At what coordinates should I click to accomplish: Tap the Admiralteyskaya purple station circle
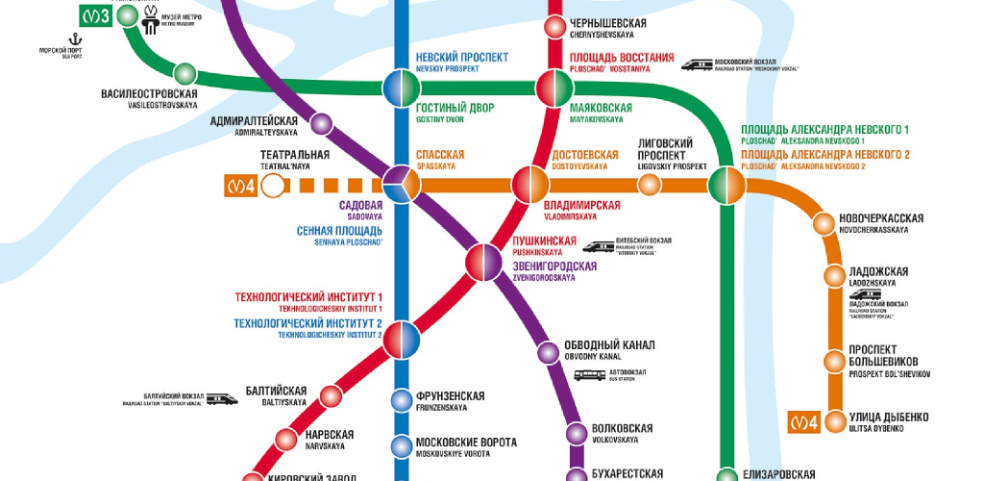pyautogui.click(x=320, y=124)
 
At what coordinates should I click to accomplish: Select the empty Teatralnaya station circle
pyautogui.click(x=275, y=186)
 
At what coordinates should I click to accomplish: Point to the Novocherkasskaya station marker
pyautogui.click(x=824, y=224)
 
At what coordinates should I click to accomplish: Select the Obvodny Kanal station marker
pyautogui.click(x=548, y=351)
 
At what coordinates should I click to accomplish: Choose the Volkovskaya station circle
pyautogui.click(x=576, y=433)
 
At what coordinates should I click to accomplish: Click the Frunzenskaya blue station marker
pyautogui.click(x=401, y=400)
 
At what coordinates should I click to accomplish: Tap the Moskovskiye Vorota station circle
pyautogui.click(x=401, y=446)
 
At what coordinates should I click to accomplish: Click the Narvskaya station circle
pyautogui.click(x=286, y=439)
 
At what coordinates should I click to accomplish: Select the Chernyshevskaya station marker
pyautogui.click(x=554, y=27)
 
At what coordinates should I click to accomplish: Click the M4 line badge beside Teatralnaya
pyautogui.click(x=240, y=186)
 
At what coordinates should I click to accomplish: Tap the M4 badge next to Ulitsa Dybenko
pyautogui.click(x=803, y=421)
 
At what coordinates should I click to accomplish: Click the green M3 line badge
pyautogui.click(x=94, y=15)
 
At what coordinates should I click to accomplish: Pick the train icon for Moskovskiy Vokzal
pyautogui.click(x=698, y=65)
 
